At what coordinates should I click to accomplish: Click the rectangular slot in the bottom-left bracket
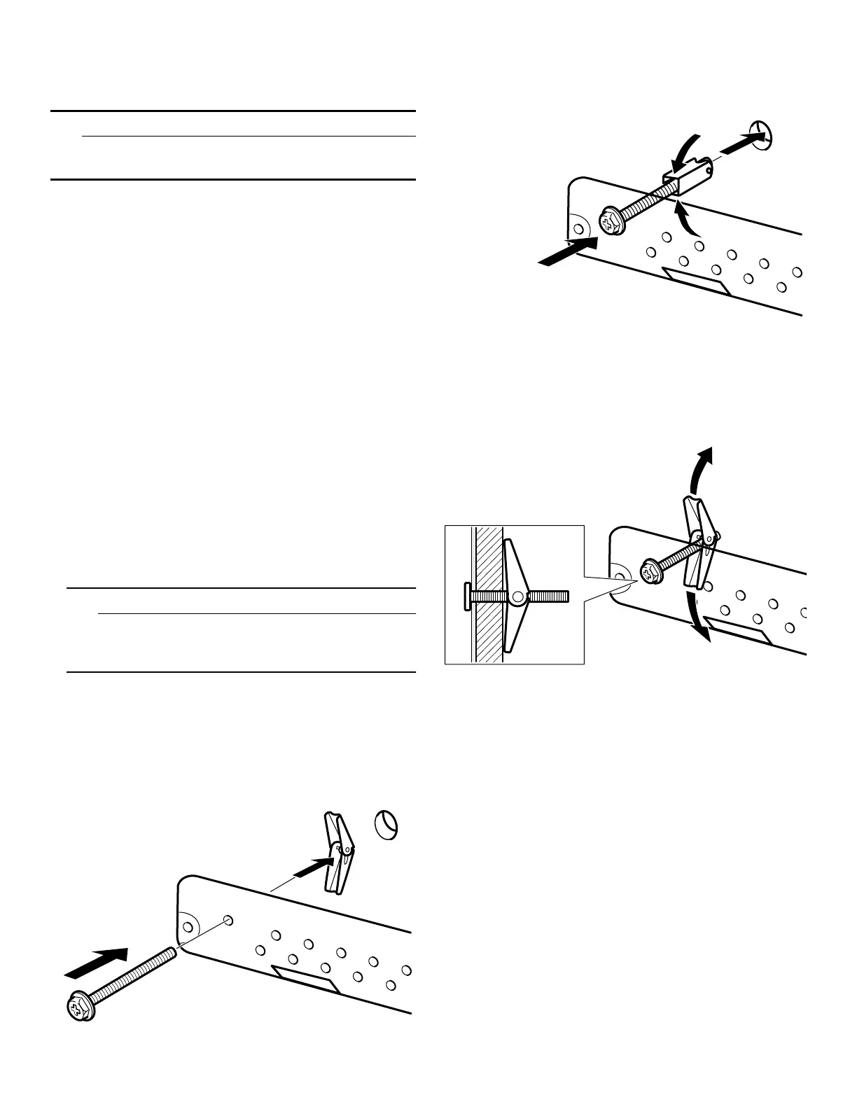305,979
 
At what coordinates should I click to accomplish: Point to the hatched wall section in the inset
489,595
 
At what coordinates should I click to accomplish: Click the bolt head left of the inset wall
467,597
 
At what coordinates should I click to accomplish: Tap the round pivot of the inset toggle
518,597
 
